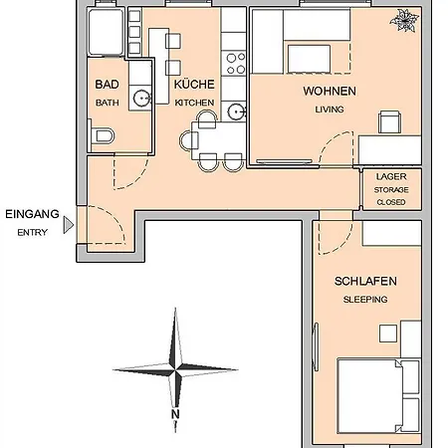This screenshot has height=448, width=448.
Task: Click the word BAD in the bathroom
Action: (107, 85)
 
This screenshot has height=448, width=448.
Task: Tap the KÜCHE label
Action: (194, 85)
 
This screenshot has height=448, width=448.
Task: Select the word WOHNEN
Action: (330, 92)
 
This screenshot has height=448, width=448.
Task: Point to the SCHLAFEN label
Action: (365, 282)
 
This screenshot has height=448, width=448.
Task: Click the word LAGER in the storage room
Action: (391, 177)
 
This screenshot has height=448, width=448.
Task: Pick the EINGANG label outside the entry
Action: (32, 214)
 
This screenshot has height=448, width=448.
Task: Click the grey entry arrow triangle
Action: (69, 225)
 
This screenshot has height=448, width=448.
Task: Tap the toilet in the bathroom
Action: (103, 135)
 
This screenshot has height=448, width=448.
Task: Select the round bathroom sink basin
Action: (142, 99)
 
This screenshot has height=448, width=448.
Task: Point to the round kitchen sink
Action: (236, 112)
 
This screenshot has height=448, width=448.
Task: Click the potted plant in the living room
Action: (404, 21)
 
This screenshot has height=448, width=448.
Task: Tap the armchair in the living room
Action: (389, 121)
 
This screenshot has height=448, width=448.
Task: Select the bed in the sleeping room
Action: (378, 395)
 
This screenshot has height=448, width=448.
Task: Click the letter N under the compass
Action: (175, 414)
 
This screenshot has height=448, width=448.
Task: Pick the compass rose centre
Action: (175, 369)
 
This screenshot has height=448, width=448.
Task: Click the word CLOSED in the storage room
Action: (391, 202)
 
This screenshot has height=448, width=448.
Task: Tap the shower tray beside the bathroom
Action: (106, 32)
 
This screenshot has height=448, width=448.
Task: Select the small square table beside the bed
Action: (388, 334)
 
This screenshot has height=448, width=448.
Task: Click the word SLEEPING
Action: (365, 300)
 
